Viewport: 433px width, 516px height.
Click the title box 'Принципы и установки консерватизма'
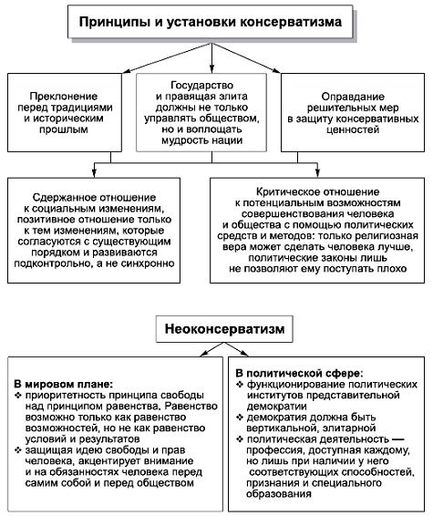coord(216,19)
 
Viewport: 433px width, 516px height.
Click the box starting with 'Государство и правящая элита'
coord(211,110)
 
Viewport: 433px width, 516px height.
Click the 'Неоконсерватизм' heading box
coord(216,326)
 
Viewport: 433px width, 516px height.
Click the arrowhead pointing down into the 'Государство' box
coord(212,69)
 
